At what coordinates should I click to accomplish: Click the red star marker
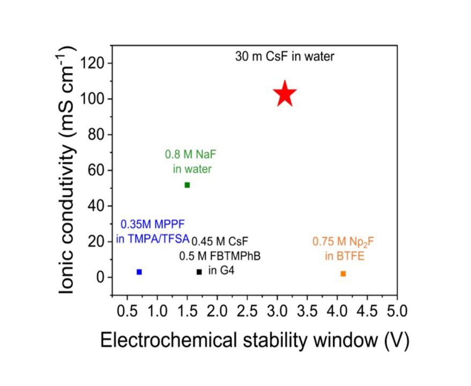[x=285, y=94]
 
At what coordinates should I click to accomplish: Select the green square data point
[x=187, y=185]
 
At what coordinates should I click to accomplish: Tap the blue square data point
[x=139, y=272]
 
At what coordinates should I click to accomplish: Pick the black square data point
[x=199, y=272]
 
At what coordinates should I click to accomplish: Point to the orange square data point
[x=343, y=273]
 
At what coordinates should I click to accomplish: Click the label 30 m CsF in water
[x=285, y=56]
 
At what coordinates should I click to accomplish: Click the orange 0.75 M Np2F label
[x=343, y=242]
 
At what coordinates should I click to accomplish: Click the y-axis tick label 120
[x=94, y=64]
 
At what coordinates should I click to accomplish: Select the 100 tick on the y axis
[x=94, y=99]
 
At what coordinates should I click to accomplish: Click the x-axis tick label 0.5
[x=127, y=311]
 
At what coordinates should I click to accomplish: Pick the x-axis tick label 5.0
[x=397, y=311]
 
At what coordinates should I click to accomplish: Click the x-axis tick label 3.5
[x=307, y=311]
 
